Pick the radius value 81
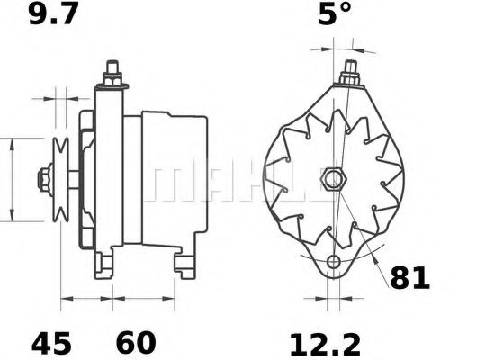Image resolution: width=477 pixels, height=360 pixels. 410,278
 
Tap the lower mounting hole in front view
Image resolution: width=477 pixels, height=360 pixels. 334,263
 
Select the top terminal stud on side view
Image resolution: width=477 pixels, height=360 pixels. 113,73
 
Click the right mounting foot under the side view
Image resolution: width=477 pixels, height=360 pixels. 185,264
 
